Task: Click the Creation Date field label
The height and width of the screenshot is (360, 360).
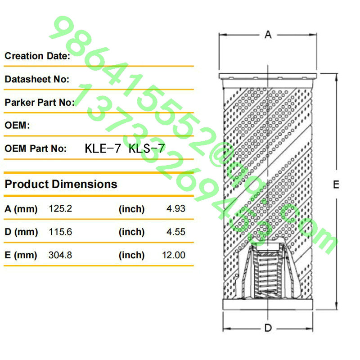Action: (37, 56)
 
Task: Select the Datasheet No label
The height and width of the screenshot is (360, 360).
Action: (37, 79)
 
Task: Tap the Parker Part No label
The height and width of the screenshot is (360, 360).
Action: (40, 103)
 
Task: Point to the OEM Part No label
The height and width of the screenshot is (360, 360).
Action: (36, 148)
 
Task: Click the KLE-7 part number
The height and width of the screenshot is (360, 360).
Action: (103, 148)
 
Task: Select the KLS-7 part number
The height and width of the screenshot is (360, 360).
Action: (147, 148)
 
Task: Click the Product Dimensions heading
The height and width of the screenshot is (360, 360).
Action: (61, 184)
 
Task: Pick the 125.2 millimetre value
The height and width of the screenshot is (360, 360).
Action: (60, 209)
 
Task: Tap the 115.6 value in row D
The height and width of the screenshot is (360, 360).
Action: (60, 232)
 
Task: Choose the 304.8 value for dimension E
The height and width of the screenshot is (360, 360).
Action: (60, 255)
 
